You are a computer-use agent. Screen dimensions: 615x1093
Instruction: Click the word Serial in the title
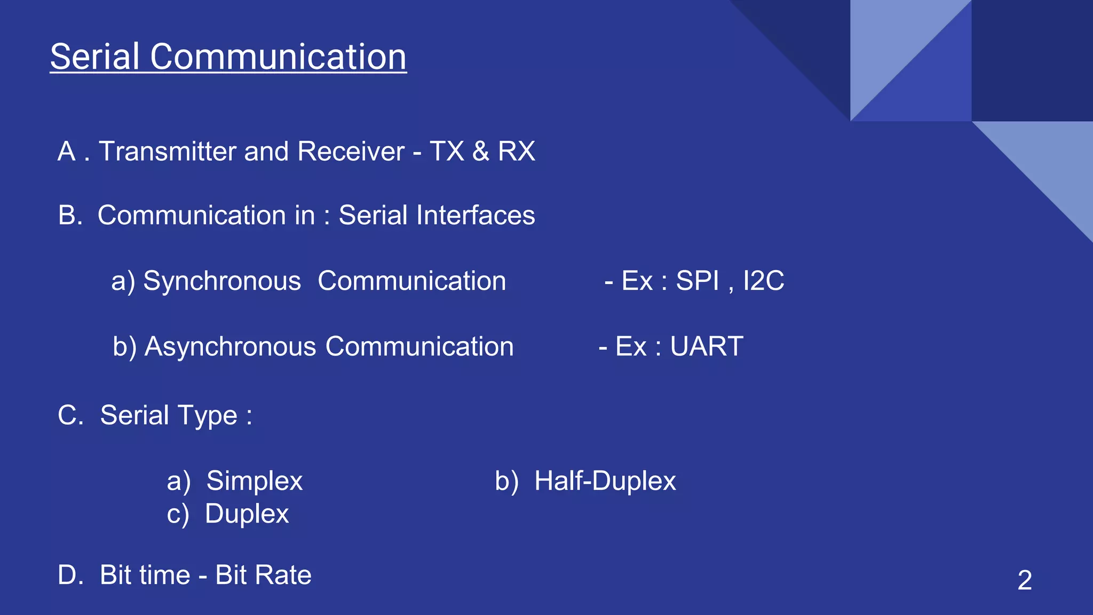[95, 57]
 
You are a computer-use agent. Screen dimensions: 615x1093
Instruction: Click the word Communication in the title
[278, 57]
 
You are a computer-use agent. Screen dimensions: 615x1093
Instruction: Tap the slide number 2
[1024, 580]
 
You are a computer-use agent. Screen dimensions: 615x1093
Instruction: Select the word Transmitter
[168, 151]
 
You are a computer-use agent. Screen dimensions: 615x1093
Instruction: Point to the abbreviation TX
[447, 151]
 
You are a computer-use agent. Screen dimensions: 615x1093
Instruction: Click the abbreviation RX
[516, 151]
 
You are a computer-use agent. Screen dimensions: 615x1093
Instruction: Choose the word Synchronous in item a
[222, 281]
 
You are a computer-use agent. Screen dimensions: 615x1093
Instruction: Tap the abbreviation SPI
[698, 281]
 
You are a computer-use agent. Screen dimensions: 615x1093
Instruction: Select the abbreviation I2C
[763, 281]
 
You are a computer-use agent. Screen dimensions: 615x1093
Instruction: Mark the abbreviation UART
[707, 346]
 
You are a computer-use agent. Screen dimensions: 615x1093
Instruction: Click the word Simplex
[255, 481]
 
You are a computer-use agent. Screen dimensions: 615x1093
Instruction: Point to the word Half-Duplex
[605, 481]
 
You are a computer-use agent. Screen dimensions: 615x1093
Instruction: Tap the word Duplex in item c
[247, 514]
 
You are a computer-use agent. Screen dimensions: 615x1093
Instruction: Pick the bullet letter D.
[68, 575]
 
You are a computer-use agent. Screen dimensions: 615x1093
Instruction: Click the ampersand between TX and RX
[480, 151]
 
